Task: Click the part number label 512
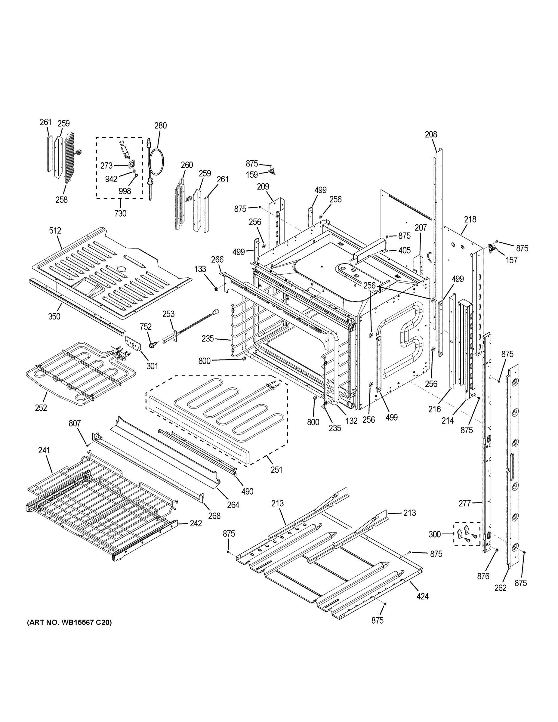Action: click(x=55, y=230)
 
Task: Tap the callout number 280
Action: click(x=161, y=126)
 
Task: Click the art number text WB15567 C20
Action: click(x=69, y=622)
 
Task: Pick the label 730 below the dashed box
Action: click(x=120, y=214)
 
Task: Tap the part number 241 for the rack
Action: click(x=44, y=450)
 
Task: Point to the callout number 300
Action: click(x=435, y=534)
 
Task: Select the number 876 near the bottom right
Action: click(x=483, y=576)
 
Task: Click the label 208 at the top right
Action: click(x=431, y=134)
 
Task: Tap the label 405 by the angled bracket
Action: click(x=404, y=250)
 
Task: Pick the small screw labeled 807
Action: click(x=87, y=445)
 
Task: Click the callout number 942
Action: click(x=111, y=179)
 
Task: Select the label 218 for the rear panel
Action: click(x=470, y=219)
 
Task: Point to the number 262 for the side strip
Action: click(x=501, y=588)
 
